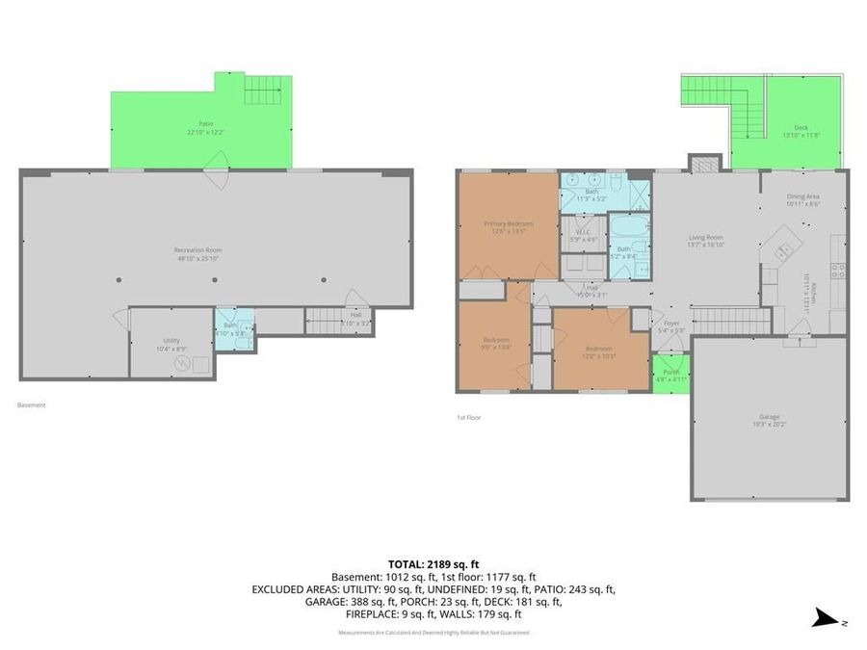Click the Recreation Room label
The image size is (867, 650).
[x=199, y=254]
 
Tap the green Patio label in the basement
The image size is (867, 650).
[x=204, y=126]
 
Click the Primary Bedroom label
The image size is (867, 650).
[x=508, y=227]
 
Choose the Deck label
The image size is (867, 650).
[x=801, y=131]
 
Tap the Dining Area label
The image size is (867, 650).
[x=802, y=199]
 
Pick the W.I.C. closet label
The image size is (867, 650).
[x=583, y=235]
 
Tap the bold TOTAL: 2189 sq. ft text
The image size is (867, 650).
[x=433, y=562]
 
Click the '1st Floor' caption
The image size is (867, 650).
[x=469, y=417]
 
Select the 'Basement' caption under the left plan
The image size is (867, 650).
[x=32, y=405]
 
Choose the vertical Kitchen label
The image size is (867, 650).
[x=811, y=292]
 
